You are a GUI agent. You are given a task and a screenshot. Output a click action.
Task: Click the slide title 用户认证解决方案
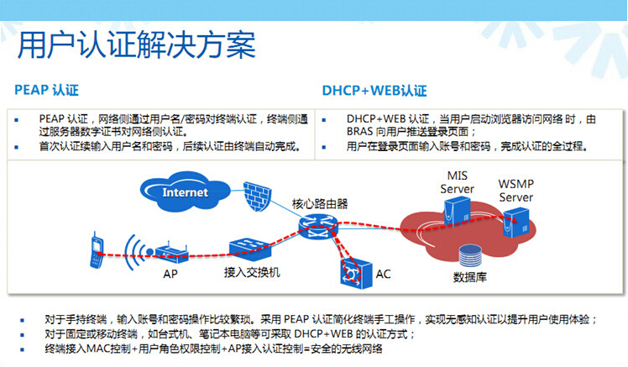point(137,45)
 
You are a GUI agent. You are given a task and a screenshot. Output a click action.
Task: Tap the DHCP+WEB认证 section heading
point(374,90)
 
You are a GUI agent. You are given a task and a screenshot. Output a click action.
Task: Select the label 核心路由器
point(320,204)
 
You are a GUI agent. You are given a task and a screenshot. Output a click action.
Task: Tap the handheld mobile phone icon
point(98,251)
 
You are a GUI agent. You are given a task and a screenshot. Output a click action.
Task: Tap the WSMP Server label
point(516,191)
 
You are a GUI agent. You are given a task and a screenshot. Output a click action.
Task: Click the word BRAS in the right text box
point(361,132)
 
